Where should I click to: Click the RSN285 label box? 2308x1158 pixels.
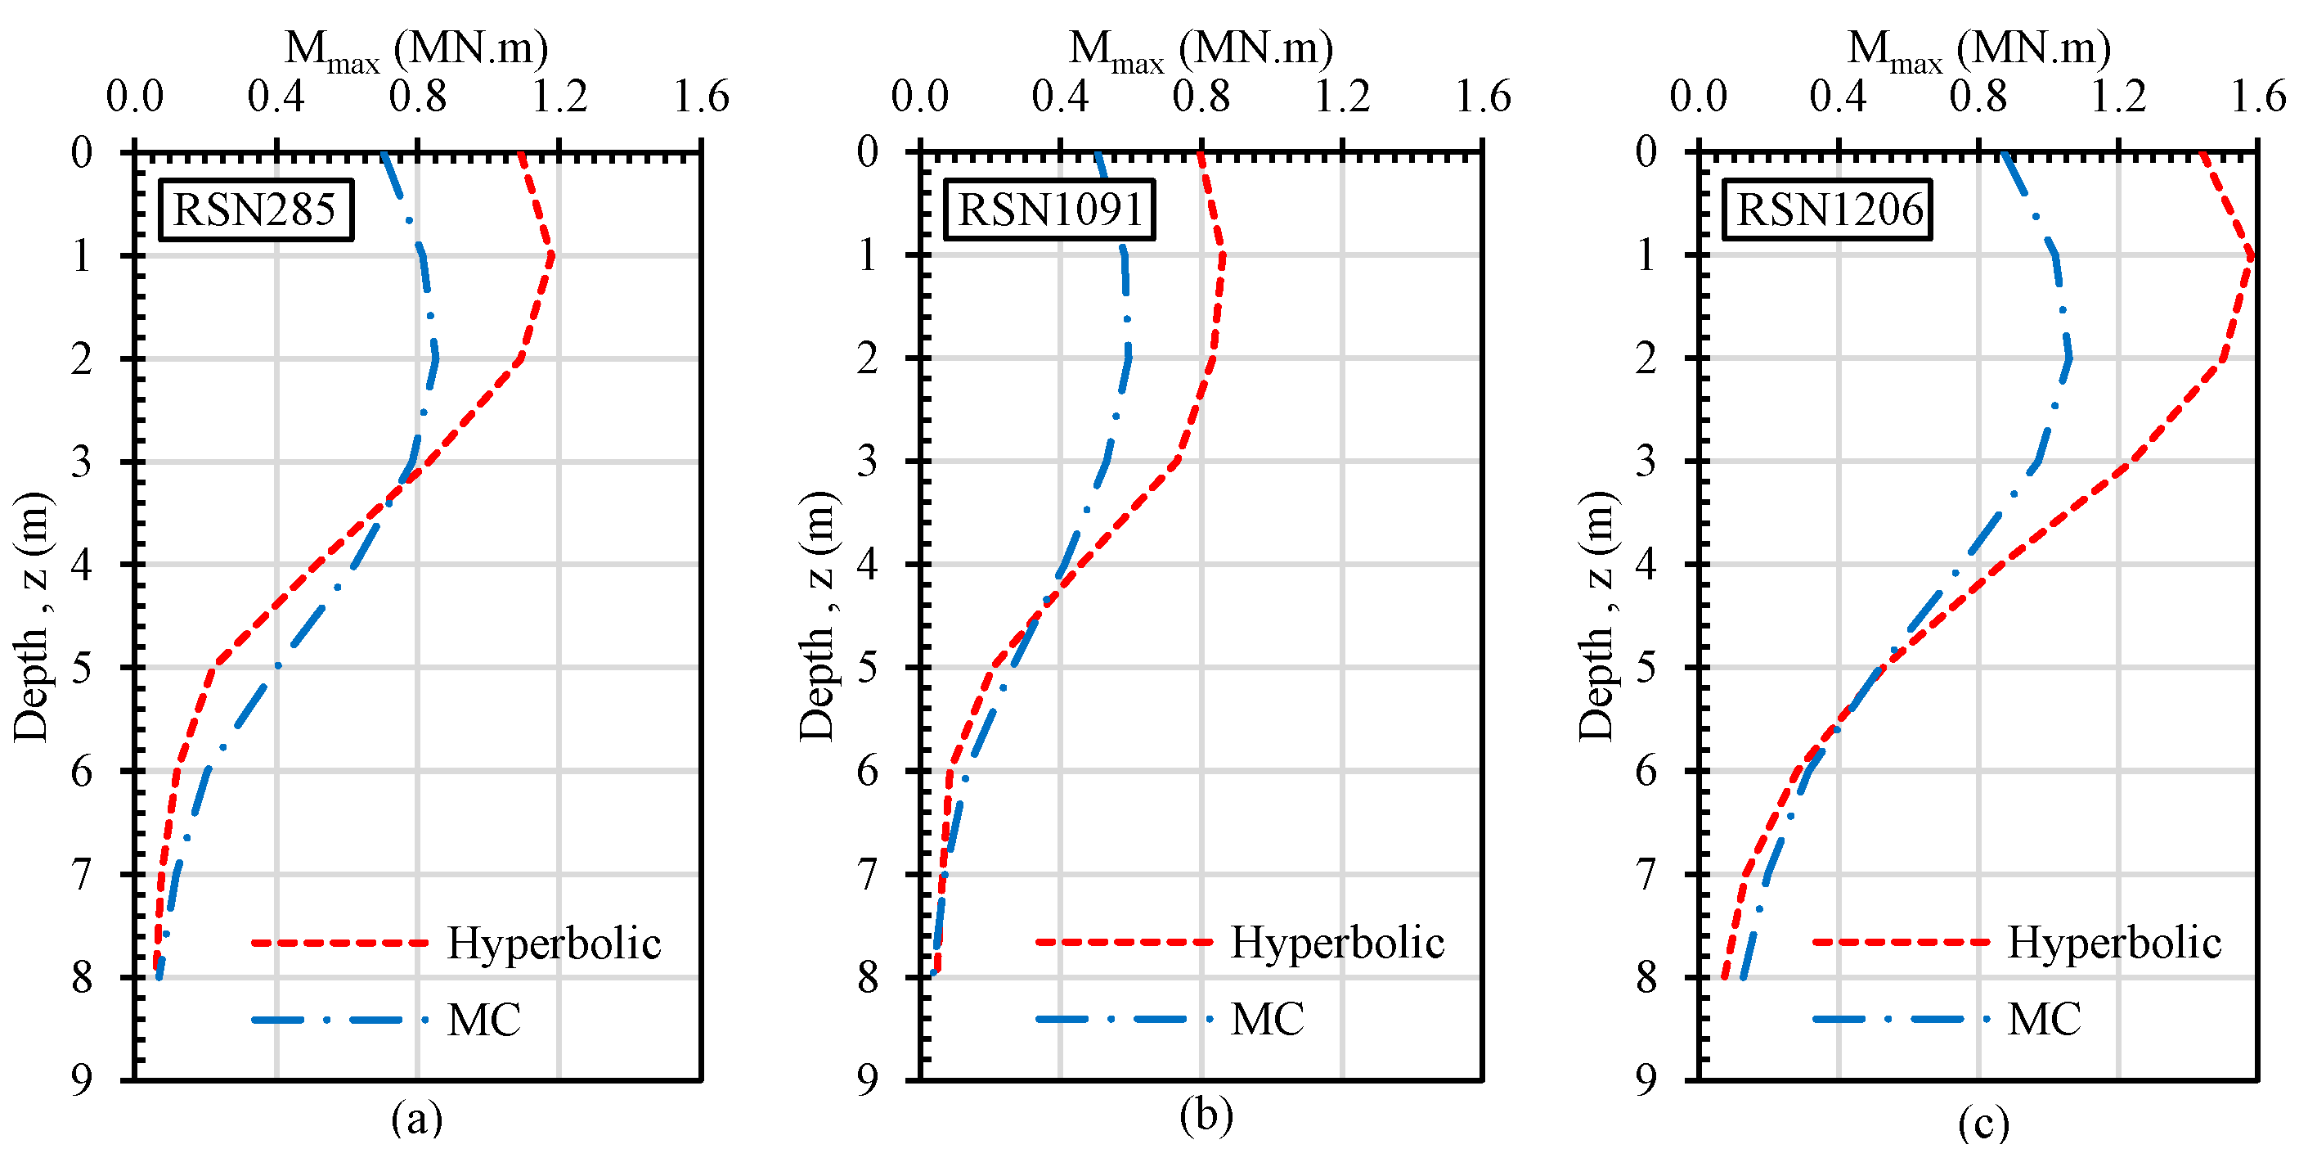(255, 210)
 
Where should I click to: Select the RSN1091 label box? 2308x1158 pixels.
(1049, 210)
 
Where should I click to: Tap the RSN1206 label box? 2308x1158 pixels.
(1828, 210)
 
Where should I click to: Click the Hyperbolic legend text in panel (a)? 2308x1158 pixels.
(554, 943)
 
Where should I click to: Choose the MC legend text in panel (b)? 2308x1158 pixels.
(1267, 1019)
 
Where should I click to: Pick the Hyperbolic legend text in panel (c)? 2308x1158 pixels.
(2113, 942)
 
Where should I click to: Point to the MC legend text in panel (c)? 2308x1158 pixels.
(2044, 1019)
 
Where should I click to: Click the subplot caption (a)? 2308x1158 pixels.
(416, 1118)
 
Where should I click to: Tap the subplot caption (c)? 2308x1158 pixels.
(1982, 1123)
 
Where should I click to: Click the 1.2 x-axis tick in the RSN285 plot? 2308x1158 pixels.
(559, 97)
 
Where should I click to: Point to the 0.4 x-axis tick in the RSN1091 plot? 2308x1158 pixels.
(1060, 97)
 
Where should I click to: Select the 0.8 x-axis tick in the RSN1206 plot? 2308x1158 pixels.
(1978, 97)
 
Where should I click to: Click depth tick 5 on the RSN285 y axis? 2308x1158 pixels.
(82, 668)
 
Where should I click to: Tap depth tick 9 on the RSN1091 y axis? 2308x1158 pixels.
(867, 1080)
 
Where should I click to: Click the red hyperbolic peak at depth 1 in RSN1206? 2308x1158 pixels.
(2250, 256)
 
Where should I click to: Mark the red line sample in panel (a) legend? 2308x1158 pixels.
(339, 943)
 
